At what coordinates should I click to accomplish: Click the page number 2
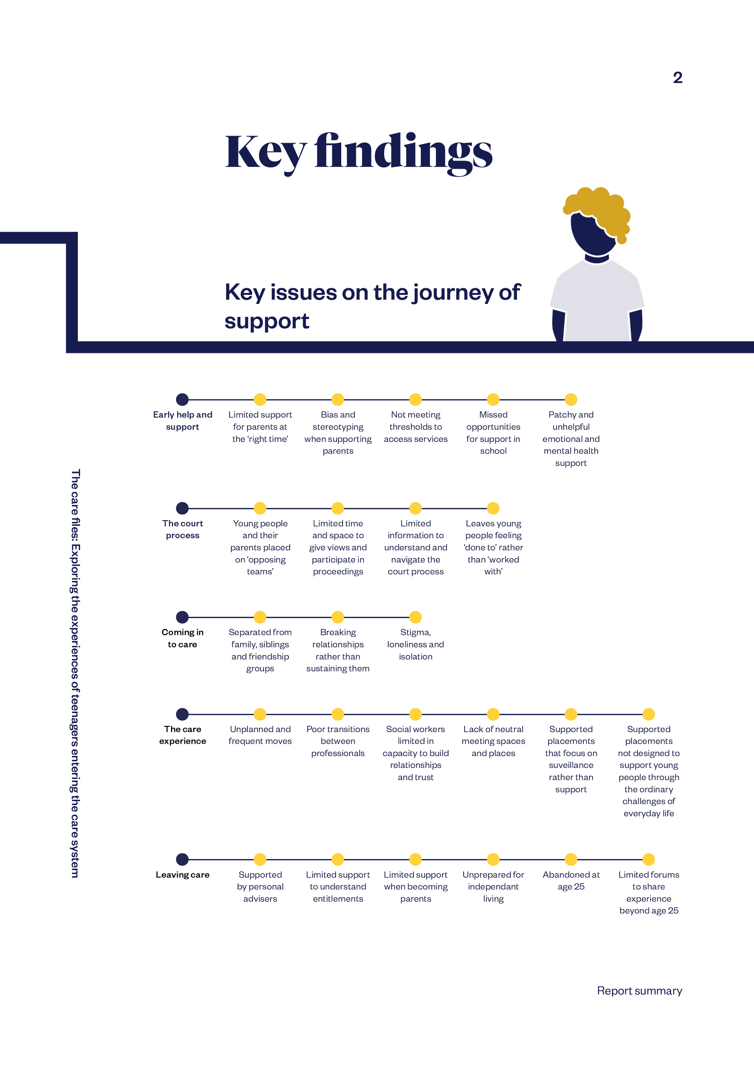click(x=678, y=78)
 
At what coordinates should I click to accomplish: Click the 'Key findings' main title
click(x=359, y=153)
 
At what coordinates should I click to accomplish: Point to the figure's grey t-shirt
click(x=597, y=301)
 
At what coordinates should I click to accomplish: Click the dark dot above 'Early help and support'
click(x=182, y=399)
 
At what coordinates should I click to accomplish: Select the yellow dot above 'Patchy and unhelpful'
click(x=571, y=399)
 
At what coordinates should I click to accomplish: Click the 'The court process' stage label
click(x=183, y=529)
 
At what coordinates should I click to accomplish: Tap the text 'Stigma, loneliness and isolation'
click(x=416, y=644)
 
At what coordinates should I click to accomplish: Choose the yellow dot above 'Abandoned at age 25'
click(x=571, y=859)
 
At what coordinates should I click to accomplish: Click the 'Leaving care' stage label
click(x=183, y=875)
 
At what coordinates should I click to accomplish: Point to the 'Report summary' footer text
click(x=639, y=991)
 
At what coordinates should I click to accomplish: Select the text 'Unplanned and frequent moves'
click(x=260, y=735)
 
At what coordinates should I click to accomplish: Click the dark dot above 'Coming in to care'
click(x=182, y=617)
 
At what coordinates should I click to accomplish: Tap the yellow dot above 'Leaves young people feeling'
click(x=493, y=508)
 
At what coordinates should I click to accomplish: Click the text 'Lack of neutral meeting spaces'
click(x=493, y=741)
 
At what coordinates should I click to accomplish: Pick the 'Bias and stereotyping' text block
click(x=338, y=432)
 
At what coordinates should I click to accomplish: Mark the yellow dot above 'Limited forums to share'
click(x=649, y=859)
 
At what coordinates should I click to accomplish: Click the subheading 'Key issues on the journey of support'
click(x=373, y=306)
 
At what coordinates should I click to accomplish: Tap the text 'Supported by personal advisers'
click(x=260, y=887)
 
